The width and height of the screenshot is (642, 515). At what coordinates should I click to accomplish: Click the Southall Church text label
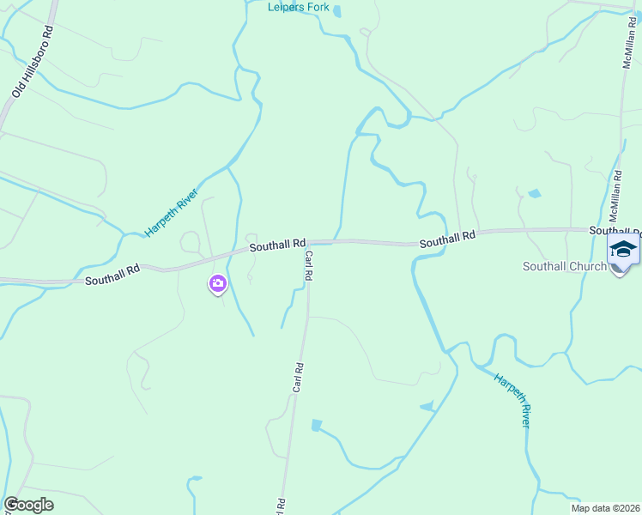click(565, 266)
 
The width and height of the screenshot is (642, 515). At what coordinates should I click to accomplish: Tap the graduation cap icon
click(623, 250)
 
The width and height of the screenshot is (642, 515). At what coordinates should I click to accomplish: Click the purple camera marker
click(218, 283)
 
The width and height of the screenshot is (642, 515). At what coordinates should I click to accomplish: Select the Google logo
click(28, 505)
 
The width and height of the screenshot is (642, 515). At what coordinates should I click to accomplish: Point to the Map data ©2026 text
click(606, 507)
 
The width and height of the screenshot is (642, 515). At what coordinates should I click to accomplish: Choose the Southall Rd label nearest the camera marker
click(112, 276)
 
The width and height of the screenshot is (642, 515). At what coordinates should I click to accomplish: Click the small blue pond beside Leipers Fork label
click(336, 11)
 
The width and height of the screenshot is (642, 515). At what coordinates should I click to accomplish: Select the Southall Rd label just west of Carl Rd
click(277, 245)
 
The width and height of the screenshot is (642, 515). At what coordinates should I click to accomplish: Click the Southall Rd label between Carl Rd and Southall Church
click(447, 239)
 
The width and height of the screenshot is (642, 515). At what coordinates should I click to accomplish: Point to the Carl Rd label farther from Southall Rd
click(298, 378)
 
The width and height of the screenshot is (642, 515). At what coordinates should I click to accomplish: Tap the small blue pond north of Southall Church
click(535, 193)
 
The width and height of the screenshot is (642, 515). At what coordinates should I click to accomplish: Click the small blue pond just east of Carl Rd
click(316, 425)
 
